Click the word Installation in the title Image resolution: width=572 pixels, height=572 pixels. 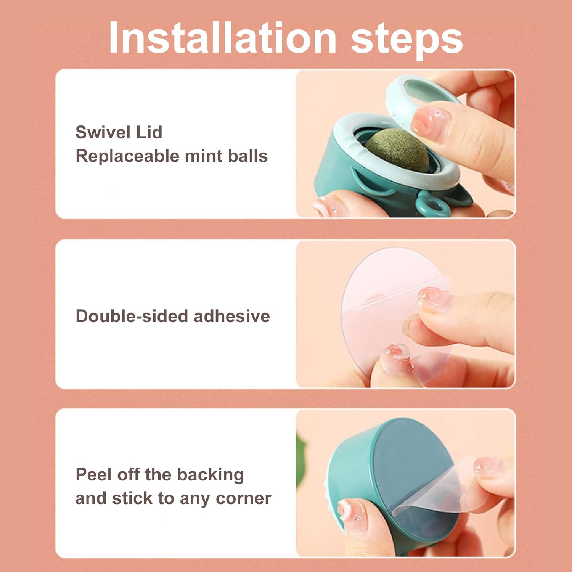[222, 38]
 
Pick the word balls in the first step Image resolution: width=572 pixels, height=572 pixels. [248, 156]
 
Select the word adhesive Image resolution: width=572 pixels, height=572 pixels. [232, 316]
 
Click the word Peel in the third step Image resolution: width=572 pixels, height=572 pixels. [93, 475]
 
